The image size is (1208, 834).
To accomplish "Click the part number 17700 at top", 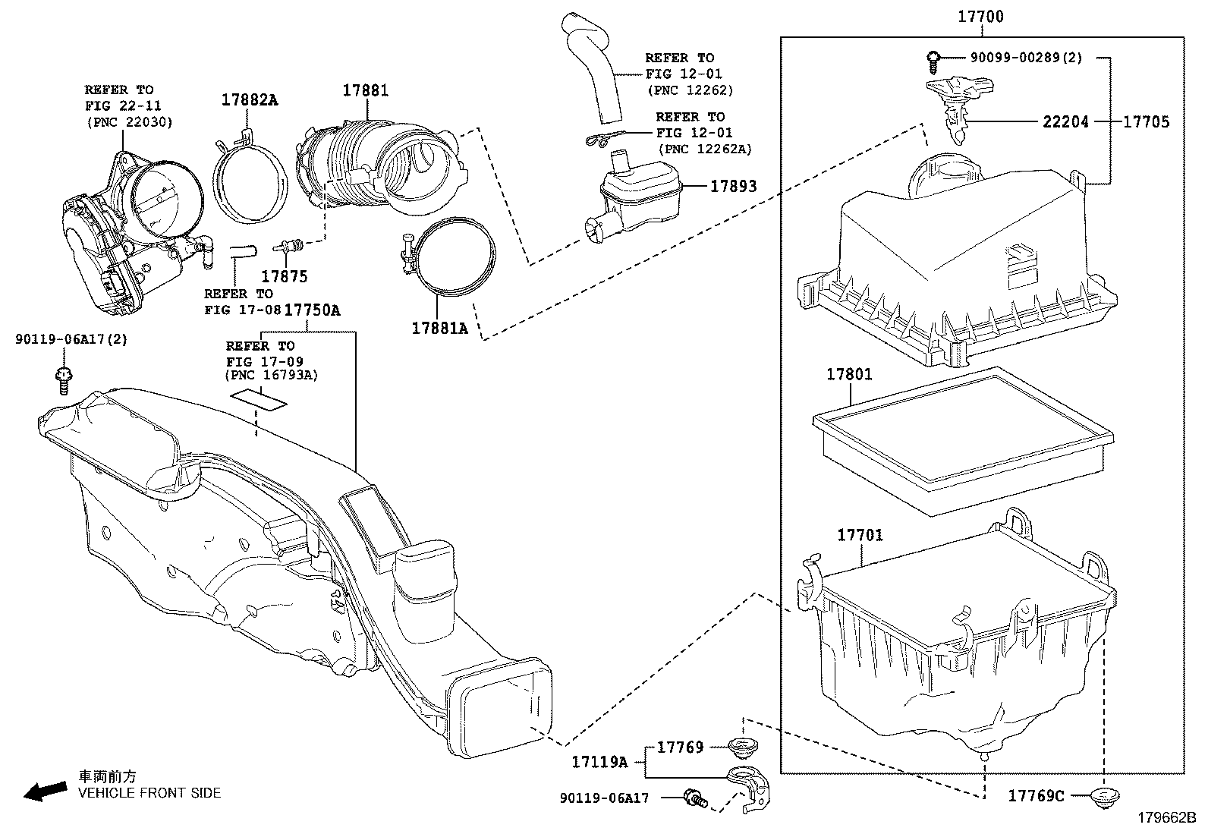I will pos(980,16).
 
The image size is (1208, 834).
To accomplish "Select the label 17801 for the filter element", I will pos(849,374).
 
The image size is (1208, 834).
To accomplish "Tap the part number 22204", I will pos(1065,121).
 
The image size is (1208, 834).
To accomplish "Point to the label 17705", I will pos(1146,121).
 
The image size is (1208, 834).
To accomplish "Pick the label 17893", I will pos(733,186).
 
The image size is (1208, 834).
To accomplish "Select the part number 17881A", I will pos(439,328).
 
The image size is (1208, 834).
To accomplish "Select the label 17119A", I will pos(599,762).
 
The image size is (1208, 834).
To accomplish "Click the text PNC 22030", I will pos(129,121).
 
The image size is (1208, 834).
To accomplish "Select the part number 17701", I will pos(860,535).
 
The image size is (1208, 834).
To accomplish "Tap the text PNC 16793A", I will pos(272,375).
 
